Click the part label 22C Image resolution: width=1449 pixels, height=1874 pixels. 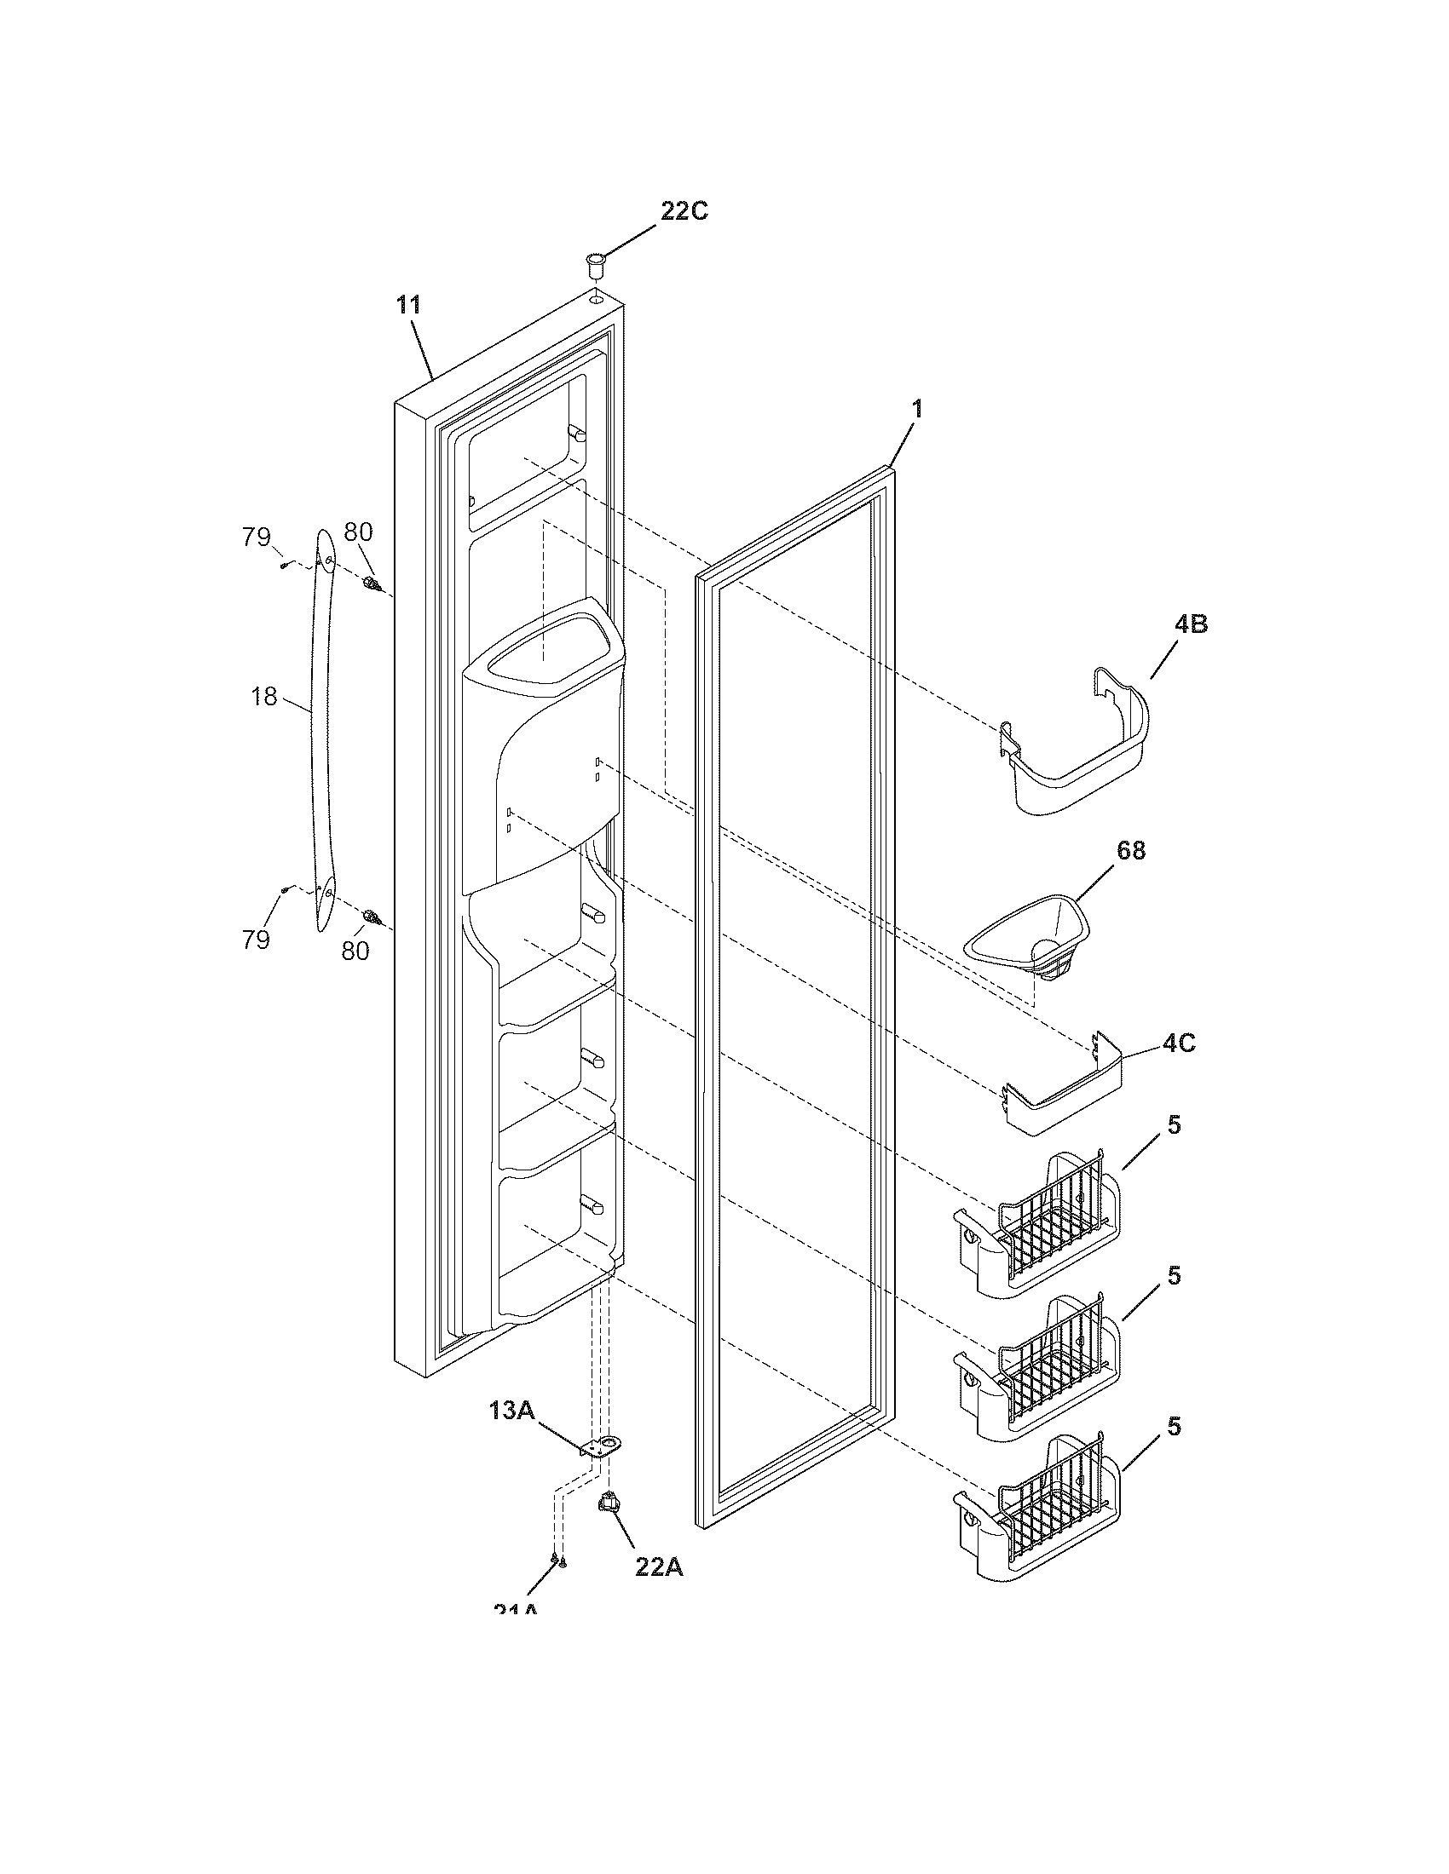click(x=684, y=211)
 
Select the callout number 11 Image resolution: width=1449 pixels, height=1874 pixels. click(x=408, y=305)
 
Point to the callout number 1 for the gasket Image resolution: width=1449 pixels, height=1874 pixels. click(x=917, y=409)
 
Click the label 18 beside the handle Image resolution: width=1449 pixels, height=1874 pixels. click(x=264, y=697)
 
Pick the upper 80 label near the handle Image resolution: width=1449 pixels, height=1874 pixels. click(x=358, y=532)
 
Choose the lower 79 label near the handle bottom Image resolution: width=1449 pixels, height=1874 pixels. click(x=256, y=940)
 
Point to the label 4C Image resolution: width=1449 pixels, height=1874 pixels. click(x=1179, y=1044)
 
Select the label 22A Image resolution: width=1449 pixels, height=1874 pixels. click(x=658, y=1566)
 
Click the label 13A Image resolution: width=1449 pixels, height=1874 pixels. click(x=511, y=1410)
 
